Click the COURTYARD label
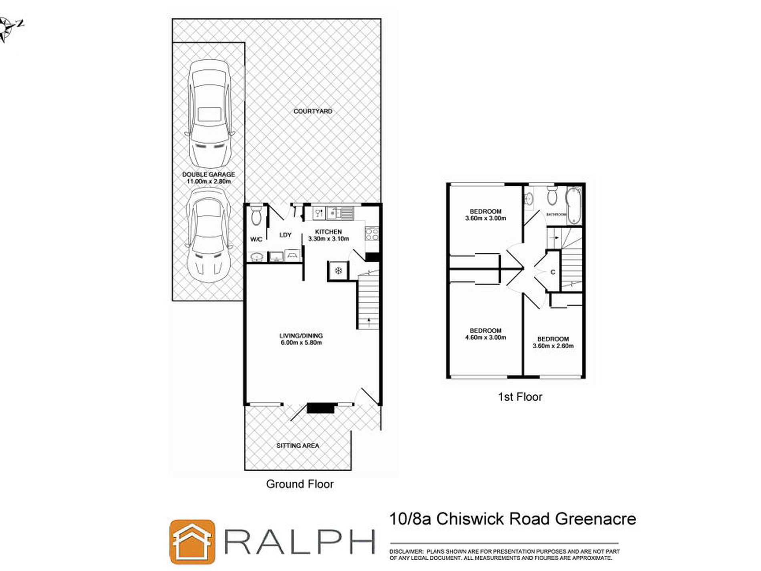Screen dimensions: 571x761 click(x=312, y=111)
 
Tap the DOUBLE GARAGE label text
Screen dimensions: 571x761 click(x=208, y=174)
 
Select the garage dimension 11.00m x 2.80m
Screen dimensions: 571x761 click(x=209, y=181)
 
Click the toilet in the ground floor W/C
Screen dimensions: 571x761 click(x=256, y=217)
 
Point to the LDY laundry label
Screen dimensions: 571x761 click(x=285, y=235)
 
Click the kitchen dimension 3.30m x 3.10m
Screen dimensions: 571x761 click(x=328, y=239)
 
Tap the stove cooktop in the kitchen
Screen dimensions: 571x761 click(x=372, y=234)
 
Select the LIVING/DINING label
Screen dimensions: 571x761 click(x=301, y=336)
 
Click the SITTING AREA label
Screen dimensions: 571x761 click(x=298, y=446)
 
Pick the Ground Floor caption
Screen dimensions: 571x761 click(x=300, y=484)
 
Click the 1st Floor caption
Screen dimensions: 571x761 click(x=520, y=397)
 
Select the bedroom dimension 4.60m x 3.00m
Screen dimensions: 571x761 click(x=485, y=337)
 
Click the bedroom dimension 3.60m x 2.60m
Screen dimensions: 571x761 click(x=553, y=346)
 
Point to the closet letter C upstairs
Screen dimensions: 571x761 click(x=553, y=272)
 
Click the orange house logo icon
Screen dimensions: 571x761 click(x=192, y=541)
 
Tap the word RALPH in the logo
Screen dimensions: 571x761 click(x=300, y=542)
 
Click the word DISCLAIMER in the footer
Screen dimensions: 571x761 click(x=406, y=551)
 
